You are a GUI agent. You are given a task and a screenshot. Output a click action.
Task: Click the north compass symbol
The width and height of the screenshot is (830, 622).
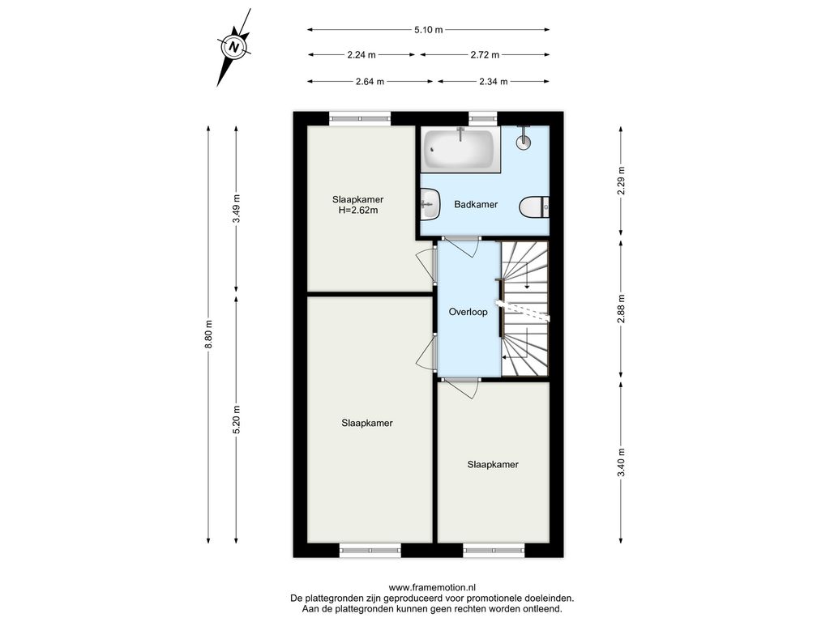click(233, 47)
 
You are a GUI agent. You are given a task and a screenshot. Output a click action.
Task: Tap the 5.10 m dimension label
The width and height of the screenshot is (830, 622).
click(428, 30)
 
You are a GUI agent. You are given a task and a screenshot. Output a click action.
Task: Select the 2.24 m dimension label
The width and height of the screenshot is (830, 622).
click(362, 54)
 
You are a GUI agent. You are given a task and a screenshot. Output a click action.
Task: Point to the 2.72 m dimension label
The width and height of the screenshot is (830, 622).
click(485, 54)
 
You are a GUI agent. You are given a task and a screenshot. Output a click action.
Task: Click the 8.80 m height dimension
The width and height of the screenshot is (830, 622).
click(208, 334)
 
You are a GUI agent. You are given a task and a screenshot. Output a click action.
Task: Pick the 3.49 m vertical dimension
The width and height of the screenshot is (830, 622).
click(236, 209)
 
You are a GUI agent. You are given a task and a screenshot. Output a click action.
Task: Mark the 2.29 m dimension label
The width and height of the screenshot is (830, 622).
click(622, 181)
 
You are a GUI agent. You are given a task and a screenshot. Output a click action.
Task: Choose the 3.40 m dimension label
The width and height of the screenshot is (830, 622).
click(622, 462)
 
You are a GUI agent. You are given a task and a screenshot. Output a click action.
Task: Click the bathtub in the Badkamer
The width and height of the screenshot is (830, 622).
click(460, 150)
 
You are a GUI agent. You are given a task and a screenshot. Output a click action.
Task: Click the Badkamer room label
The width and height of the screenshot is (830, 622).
click(476, 204)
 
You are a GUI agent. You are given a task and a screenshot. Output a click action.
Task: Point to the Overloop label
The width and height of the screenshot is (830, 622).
click(468, 312)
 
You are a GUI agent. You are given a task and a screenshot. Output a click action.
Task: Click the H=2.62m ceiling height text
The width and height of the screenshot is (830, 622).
click(358, 210)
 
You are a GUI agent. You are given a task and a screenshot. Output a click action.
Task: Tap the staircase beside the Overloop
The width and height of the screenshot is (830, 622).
click(524, 309)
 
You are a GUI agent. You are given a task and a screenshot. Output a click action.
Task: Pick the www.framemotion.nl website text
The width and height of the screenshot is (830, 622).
click(433, 587)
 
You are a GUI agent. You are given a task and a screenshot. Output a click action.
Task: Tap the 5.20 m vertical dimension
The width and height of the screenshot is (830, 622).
click(236, 420)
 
